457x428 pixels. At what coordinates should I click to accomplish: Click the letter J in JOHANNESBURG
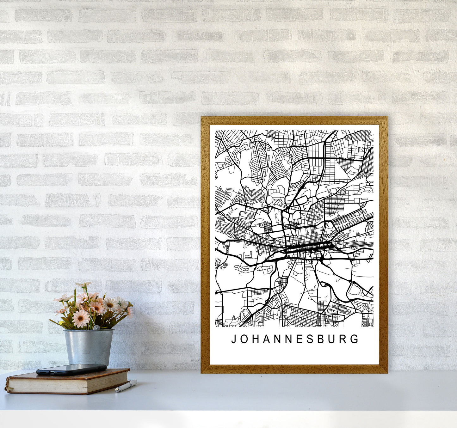click(234, 339)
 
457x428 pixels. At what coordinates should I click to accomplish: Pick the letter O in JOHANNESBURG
click(244, 339)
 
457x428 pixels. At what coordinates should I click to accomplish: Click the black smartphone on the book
click(71, 369)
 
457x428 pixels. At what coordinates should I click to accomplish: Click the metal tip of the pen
click(117, 391)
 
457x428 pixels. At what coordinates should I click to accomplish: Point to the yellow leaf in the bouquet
click(62, 323)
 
